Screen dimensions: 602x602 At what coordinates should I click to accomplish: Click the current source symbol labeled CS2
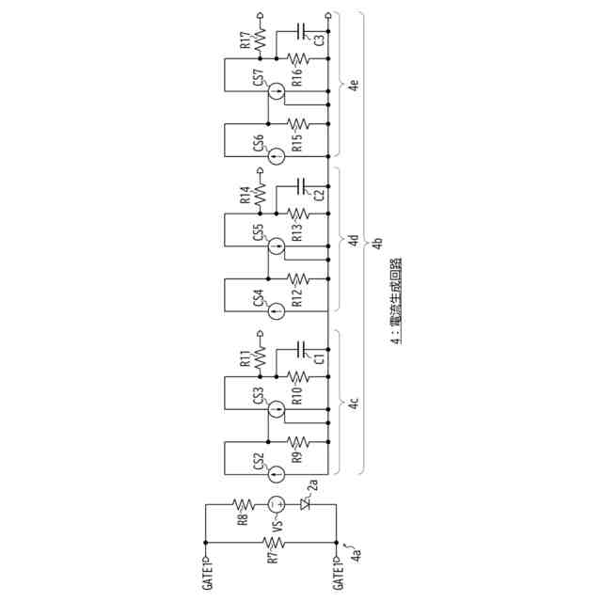pos(277,472)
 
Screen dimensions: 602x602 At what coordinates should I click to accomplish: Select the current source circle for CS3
pos(277,408)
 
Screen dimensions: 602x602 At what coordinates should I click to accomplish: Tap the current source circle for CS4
pos(277,311)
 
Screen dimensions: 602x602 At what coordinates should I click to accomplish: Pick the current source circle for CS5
pos(277,247)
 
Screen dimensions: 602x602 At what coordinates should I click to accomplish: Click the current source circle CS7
pos(277,91)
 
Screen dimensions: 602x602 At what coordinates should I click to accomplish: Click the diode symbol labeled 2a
pos(304,504)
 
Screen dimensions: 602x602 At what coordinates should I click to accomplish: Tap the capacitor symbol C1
pos(304,349)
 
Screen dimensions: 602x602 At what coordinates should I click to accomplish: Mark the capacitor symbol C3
pos(304,30)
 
